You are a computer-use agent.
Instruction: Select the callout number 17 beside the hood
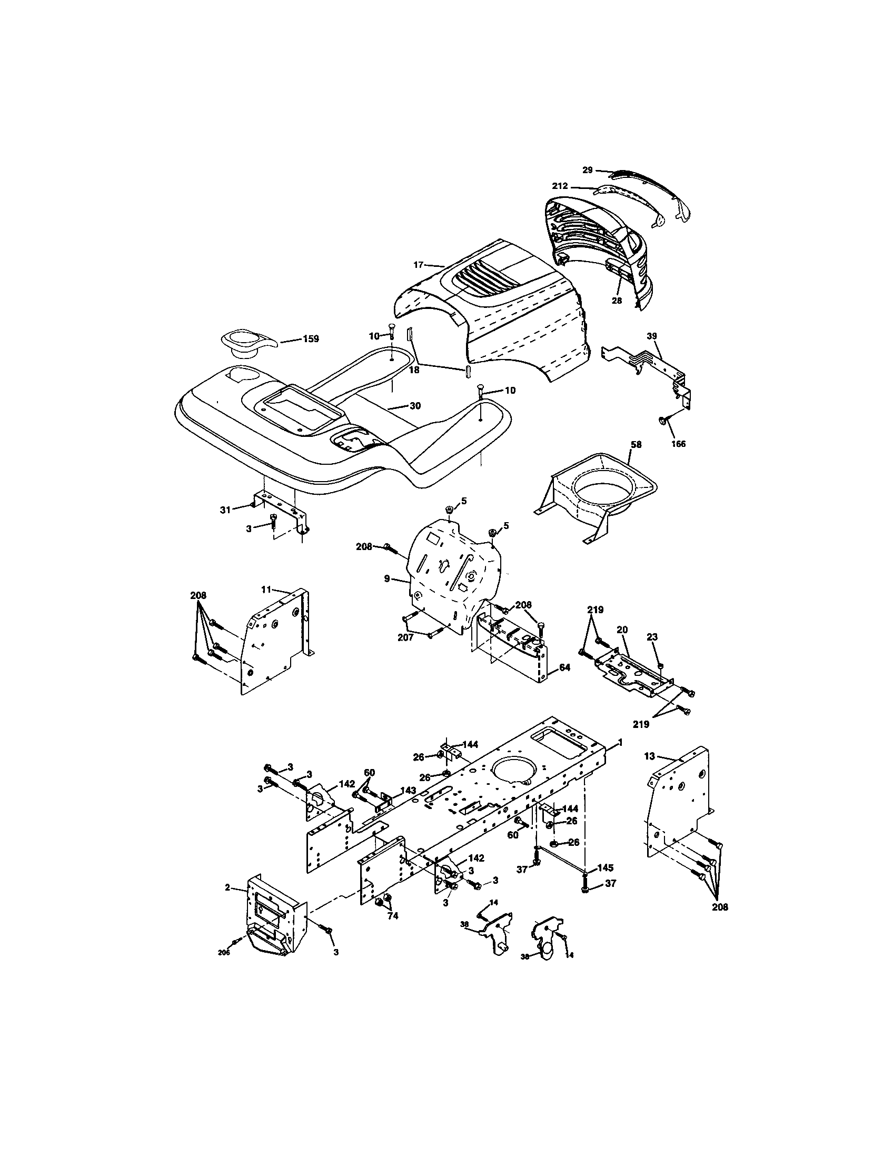[x=418, y=264]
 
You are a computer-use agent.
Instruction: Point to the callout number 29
[x=587, y=169]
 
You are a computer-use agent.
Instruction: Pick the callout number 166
[x=678, y=444]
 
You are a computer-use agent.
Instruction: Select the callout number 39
[x=652, y=336]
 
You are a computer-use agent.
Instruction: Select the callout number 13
[x=650, y=756]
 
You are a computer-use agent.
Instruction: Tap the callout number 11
[x=266, y=589]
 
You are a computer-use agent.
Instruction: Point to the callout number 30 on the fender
[x=415, y=406]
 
